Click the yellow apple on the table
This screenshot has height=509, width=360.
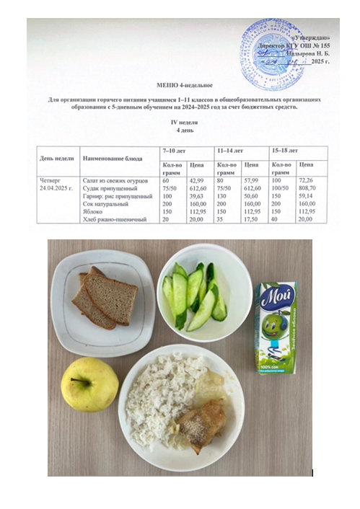pos(89,384)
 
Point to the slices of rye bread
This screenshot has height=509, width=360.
pos(105,297)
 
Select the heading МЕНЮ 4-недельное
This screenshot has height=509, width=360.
pos(180,84)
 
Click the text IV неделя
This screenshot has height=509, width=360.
pos(180,123)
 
